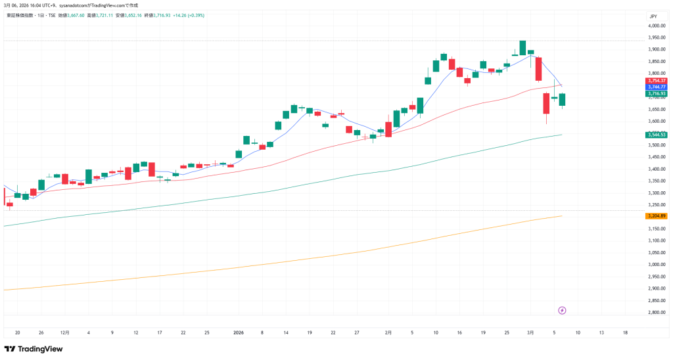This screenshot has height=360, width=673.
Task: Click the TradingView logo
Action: point(34,349)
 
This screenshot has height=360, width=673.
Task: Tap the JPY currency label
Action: point(653,16)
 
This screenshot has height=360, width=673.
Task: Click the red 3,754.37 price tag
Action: point(657,80)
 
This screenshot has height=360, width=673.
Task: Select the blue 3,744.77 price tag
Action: point(657,87)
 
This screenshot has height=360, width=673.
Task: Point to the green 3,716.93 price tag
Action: point(657,94)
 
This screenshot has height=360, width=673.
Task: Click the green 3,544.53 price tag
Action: point(657,135)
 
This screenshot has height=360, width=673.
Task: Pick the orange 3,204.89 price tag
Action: point(657,215)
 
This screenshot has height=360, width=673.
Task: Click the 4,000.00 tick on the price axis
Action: point(657,26)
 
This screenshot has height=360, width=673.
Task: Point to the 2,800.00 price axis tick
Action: point(657,312)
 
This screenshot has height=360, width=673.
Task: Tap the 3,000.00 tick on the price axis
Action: point(657,264)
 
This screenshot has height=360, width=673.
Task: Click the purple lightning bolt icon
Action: point(562,310)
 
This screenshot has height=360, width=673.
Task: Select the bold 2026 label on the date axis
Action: point(239,333)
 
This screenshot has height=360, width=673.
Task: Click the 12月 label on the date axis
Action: point(64,333)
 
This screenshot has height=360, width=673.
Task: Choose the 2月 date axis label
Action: point(388,333)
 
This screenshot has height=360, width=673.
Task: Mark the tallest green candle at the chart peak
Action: point(522,47)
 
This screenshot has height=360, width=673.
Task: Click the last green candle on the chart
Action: point(563,99)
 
